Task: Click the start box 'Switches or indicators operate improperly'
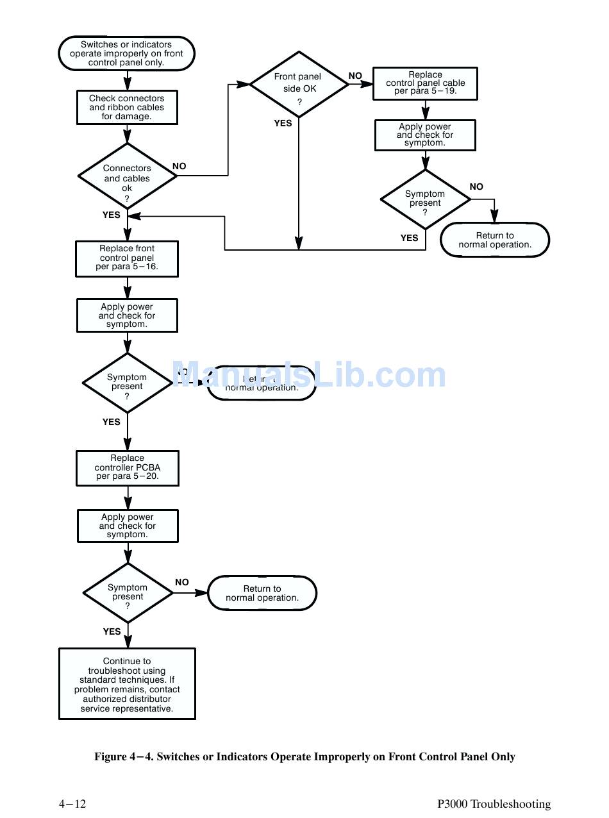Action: point(126,54)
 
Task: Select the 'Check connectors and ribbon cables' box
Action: point(126,108)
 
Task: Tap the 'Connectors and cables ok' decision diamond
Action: point(127,177)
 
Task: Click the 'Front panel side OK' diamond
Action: point(298,84)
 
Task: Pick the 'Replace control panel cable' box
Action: point(425,83)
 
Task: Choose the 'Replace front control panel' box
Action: point(127,258)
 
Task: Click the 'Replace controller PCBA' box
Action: point(127,467)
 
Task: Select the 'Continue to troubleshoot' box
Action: point(127,683)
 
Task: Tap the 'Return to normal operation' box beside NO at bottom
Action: point(262,593)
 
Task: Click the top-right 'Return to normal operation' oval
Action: point(494,240)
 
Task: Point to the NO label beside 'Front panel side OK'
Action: point(355,76)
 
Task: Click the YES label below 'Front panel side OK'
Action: point(283,123)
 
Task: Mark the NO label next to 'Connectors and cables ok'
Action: point(179,166)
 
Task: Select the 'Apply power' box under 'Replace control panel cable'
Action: point(425,135)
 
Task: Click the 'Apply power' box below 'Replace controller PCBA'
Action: point(127,526)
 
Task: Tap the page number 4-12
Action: point(72,804)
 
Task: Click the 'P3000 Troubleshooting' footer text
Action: point(494,804)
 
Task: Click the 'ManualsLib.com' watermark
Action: point(309,376)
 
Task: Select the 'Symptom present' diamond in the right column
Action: point(425,199)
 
